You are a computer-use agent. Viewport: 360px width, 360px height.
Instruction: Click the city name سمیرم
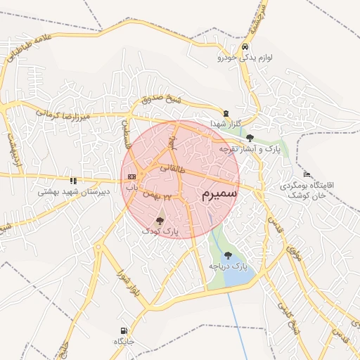[x=219, y=191]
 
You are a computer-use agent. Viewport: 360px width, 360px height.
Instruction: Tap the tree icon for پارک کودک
[x=160, y=221]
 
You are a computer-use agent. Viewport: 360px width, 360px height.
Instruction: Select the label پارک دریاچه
[x=229, y=266]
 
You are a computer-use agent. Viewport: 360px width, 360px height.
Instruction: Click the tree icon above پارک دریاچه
[x=227, y=255]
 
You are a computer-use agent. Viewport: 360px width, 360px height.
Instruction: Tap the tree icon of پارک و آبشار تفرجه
[x=251, y=138]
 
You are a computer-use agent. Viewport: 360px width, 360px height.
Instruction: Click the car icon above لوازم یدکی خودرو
[x=244, y=47]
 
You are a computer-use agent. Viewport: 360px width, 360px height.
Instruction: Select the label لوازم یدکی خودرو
[x=245, y=58]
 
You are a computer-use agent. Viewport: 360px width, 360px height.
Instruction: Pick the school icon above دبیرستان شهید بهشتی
[x=73, y=180]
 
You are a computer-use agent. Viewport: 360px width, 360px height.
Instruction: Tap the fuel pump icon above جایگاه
[x=124, y=330]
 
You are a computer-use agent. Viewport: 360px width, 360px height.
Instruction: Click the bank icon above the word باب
[x=131, y=176]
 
